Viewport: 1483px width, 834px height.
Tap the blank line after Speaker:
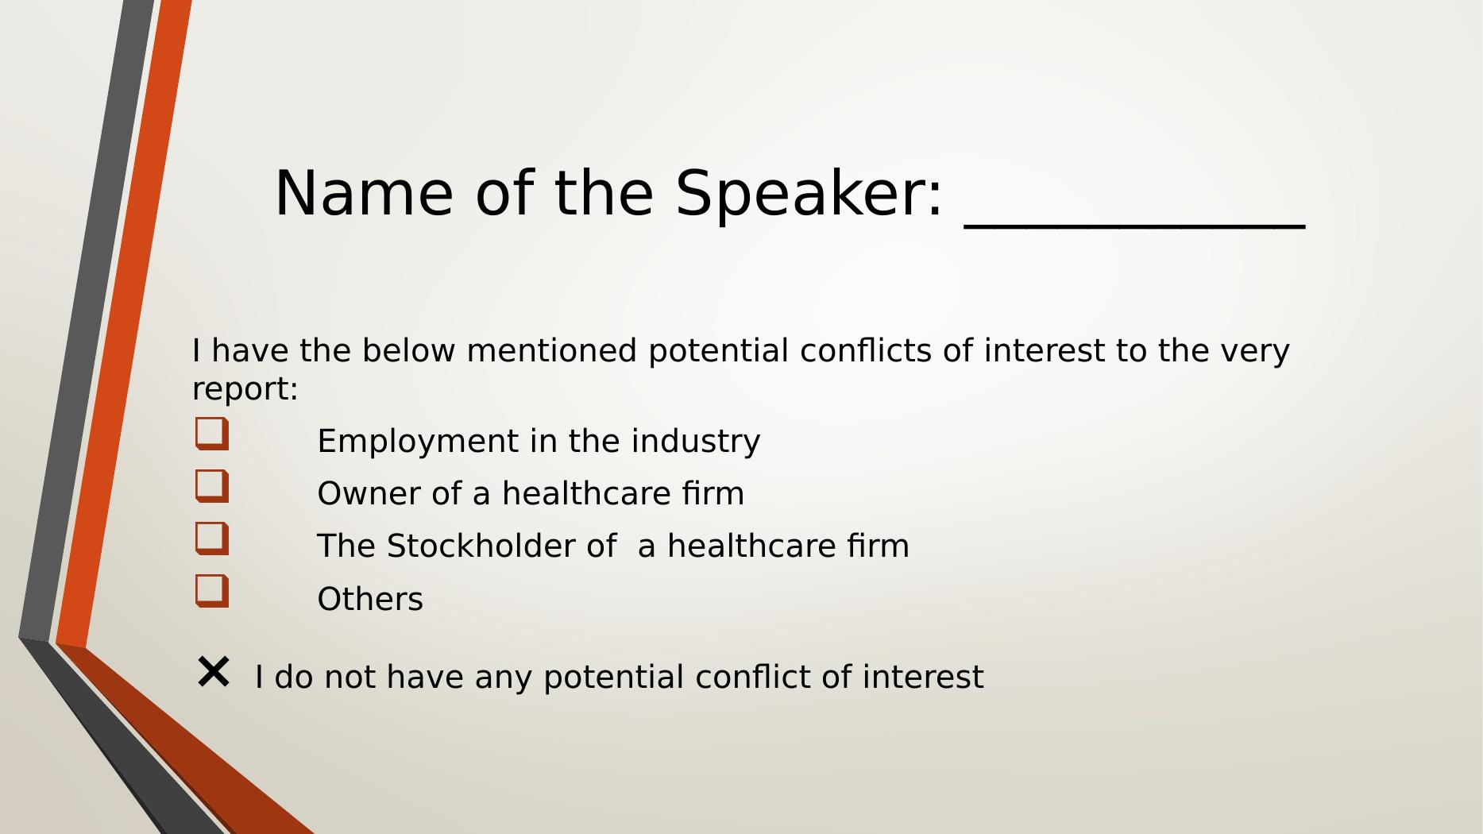coord(1135,227)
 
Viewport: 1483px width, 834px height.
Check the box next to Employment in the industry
coord(212,434)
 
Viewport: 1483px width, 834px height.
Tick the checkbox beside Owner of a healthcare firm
coord(212,486)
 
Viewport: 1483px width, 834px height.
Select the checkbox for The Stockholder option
coord(212,539)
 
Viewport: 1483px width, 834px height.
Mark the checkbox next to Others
coord(212,591)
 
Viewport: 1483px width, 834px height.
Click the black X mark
coord(213,672)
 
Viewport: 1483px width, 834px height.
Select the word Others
coord(370,599)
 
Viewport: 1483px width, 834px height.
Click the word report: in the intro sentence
coord(245,390)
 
